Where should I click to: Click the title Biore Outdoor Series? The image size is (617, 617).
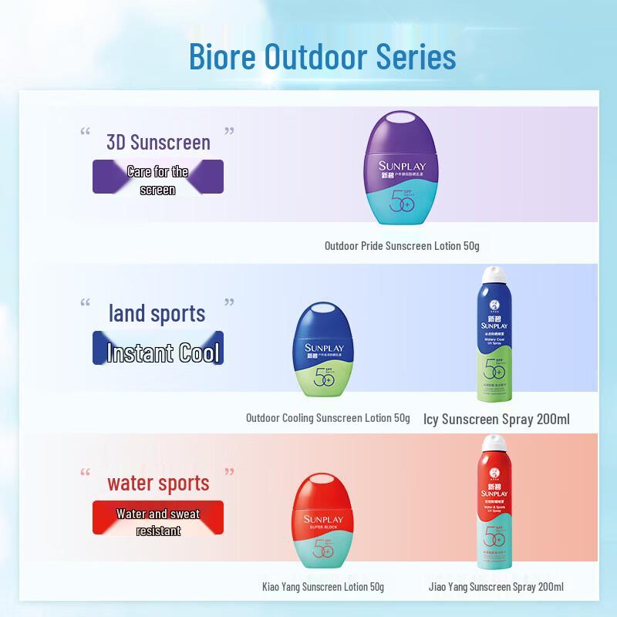[x=322, y=57]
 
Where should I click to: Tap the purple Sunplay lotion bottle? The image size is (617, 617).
[x=400, y=170]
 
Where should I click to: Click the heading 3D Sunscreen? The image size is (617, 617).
[x=158, y=142]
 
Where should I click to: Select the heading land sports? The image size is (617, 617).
[x=157, y=313]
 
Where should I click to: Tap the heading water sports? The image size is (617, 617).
[x=158, y=484]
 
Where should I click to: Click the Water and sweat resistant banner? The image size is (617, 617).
[x=158, y=522]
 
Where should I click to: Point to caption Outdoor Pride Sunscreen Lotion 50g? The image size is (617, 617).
[x=402, y=246]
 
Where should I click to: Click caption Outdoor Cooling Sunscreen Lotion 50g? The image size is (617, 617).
[x=328, y=418]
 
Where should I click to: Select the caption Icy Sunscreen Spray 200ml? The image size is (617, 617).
[x=497, y=420]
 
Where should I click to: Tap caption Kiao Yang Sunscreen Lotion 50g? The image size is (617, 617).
[x=323, y=587]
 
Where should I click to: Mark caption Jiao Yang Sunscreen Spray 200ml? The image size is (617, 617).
[x=497, y=587]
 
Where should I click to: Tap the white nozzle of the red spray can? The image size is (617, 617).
[x=492, y=446]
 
